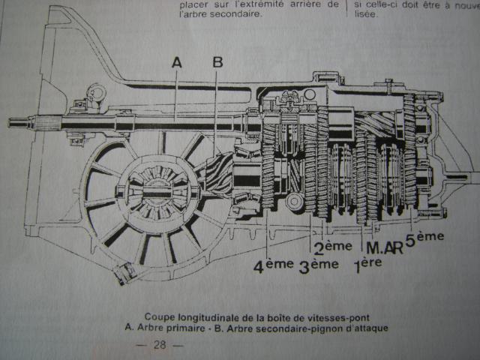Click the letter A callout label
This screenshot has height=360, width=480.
point(177,64)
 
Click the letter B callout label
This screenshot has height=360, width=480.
point(217,63)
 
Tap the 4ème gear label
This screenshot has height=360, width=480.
point(268,264)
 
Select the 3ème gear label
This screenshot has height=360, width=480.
point(314,263)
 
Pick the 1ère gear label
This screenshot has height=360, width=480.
point(367,263)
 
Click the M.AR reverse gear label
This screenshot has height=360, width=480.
point(382,246)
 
